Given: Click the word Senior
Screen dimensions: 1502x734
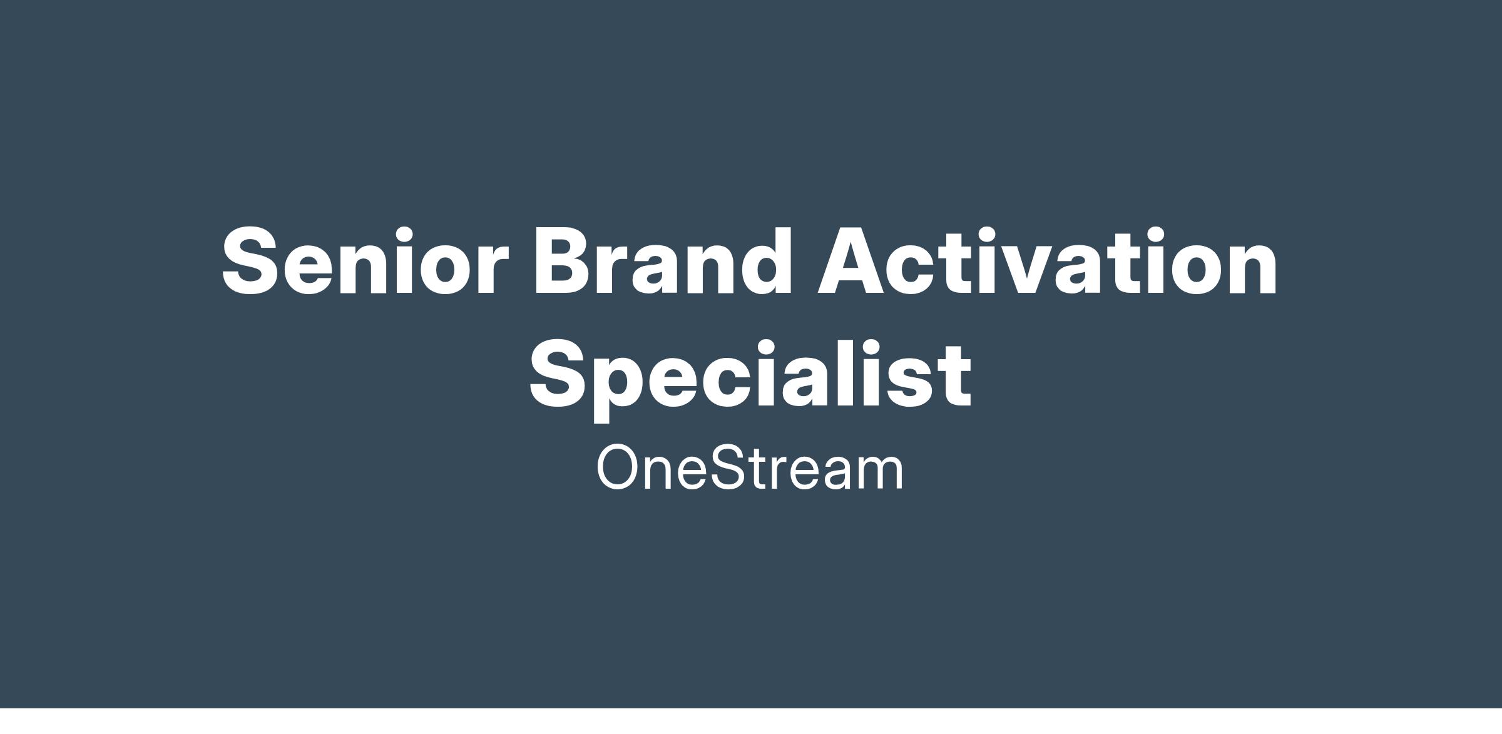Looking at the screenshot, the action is pos(365,260).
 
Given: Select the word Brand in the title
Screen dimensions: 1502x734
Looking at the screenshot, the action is pos(662,260).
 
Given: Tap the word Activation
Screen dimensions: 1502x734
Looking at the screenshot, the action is pos(1048,260).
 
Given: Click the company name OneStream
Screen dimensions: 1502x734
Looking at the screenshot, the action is pos(750,467).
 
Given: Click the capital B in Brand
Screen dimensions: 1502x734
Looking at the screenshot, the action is pos(563,260).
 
